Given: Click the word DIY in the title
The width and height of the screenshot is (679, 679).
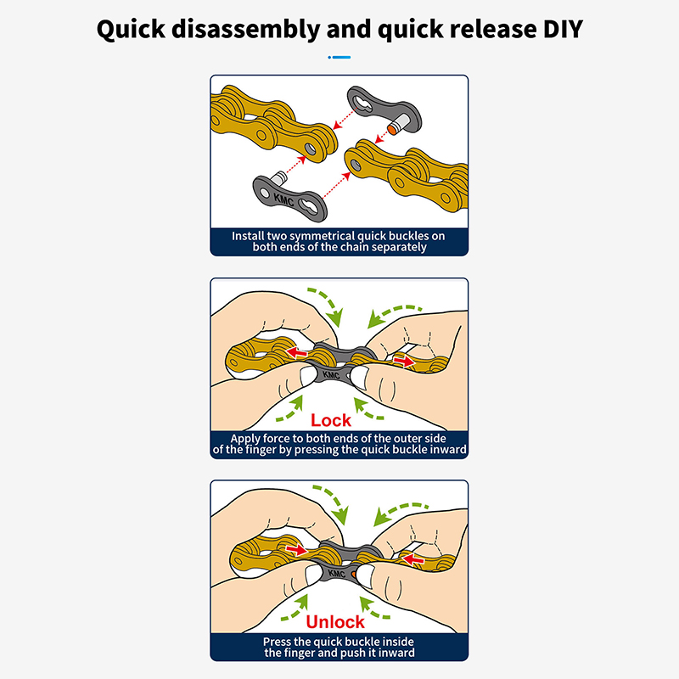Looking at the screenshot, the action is pyautogui.click(x=563, y=29).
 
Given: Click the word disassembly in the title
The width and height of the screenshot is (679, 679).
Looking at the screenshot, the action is pyautogui.click(x=246, y=30).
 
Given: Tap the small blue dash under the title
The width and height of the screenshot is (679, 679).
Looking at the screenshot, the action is pyautogui.click(x=339, y=57).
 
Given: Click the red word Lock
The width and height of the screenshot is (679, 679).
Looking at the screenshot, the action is pyautogui.click(x=331, y=420).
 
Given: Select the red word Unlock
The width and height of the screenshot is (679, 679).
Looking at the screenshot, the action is pyautogui.click(x=335, y=622).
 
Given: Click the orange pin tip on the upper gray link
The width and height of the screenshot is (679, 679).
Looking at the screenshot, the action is pyautogui.click(x=392, y=129).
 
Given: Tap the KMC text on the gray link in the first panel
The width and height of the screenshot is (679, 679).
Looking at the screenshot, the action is pyautogui.click(x=283, y=199).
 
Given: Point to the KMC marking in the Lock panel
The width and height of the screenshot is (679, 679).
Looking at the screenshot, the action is pyautogui.click(x=331, y=375).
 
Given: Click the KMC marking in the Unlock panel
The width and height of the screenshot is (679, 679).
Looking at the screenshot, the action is pyautogui.click(x=336, y=574).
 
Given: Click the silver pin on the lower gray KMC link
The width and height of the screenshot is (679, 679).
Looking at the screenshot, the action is pyautogui.click(x=278, y=177).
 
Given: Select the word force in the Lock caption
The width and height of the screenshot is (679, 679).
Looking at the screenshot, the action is pyautogui.click(x=278, y=438).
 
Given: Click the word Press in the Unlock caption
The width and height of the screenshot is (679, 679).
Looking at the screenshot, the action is pyautogui.click(x=277, y=642).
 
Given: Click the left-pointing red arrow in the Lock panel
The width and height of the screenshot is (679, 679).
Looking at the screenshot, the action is pyautogui.click(x=296, y=351).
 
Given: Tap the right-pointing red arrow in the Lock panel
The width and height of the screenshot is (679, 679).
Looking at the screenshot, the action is pyautogui.click(x=404, y=360).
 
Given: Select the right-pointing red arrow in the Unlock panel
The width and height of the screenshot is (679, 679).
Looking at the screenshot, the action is pyautogui.click(x=297, y=550).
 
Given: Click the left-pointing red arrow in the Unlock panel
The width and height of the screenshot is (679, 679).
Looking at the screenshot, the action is pyautogui.click(x=412, y=559).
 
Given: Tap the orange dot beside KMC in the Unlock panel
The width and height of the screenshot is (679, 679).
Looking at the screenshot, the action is pyautogui.click(x=354, y=575).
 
